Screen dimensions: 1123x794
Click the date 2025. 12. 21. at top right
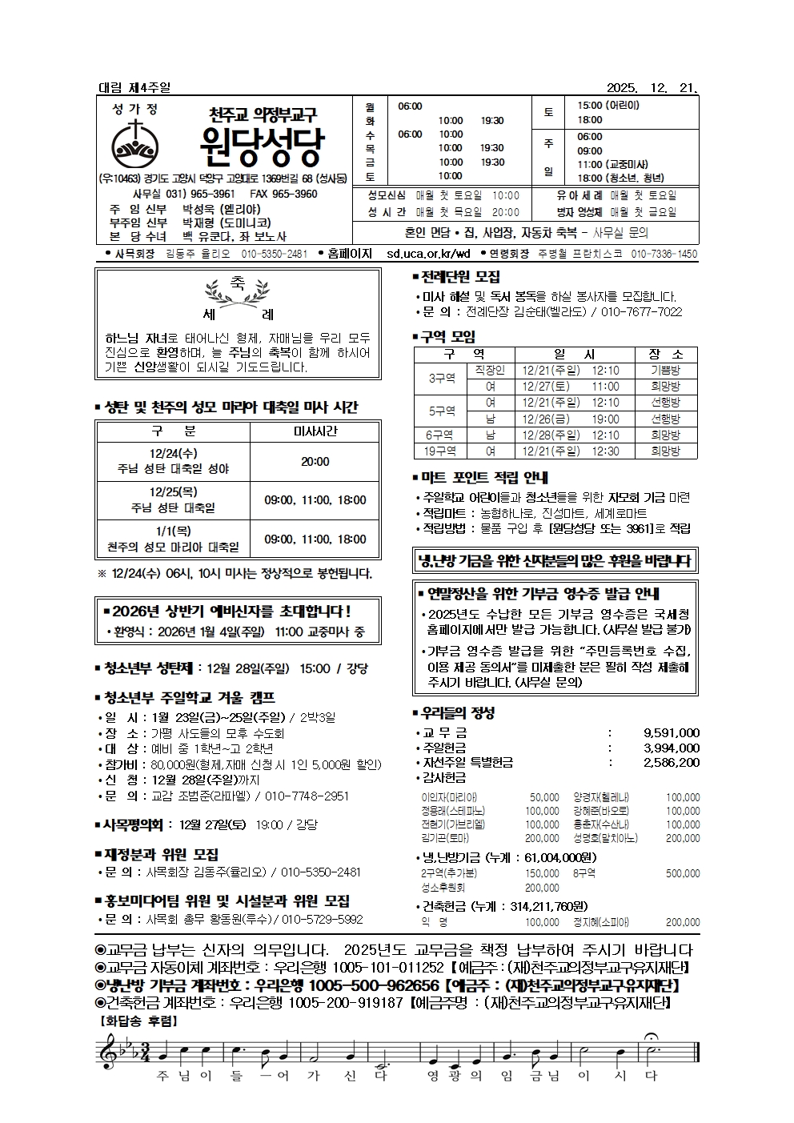(x=652, y=88)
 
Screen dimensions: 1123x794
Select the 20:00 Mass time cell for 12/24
(x=315, y=461)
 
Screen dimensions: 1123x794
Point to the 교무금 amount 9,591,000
(x=671, y=732)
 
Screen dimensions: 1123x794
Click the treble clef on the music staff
(x=107, y=1049)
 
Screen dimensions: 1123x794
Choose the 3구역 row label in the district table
(x=441, y=378)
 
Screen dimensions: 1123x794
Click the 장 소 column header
(x=666, y=354)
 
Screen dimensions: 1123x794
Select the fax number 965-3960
(x=295, y=195)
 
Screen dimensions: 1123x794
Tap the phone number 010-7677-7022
(x=641, y=312)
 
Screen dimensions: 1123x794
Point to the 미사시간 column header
(x=315, y=431)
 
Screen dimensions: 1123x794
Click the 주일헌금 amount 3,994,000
(x=671, y=748)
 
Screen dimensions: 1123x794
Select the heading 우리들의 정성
(x=457, y=712)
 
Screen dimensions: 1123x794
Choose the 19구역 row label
(x=440, y=451)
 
